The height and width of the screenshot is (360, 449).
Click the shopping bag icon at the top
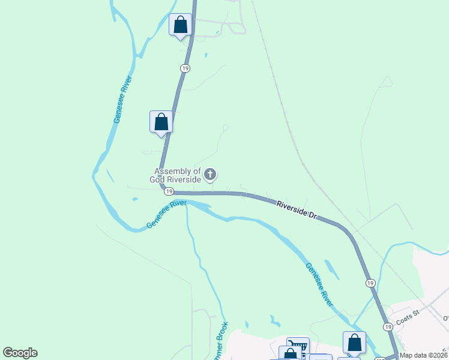click(181, 25)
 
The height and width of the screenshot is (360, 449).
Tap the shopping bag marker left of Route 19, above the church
click(161, 122)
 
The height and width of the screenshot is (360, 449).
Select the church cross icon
click(210, 175)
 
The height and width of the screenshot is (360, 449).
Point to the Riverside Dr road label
click(297, 210)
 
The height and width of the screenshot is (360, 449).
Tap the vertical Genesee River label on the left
click(122, 100)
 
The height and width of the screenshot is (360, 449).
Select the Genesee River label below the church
click(166, 215)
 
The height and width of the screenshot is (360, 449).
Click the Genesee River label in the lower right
click(319, 284)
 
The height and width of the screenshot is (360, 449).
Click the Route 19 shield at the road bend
click(169, 191)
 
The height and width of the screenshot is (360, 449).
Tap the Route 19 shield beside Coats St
click(388, 326)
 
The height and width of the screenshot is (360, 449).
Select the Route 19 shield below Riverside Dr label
click(370, 283)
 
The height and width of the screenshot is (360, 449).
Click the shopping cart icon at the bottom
click(298, 346)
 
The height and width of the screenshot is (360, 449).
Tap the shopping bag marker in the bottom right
click(354, 343)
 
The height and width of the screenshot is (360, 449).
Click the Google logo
click(20, 353)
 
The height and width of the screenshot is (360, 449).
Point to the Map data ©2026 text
click(424, 355)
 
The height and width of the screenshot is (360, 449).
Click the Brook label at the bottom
click(220, 340)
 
